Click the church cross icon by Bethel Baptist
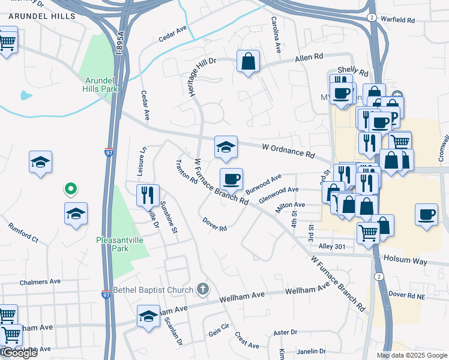click(x=203, y=290)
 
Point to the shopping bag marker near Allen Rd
click(x=248, y=61)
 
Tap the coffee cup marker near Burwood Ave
click(x=231, y=179)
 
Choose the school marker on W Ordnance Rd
click(x=226, y=147)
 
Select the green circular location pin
click(x=70, y=190)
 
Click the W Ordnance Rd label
click(x=289, y=151)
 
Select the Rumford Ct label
click(x=23, y=233)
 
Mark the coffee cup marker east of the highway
click(x=426, y=214)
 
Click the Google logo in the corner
click(x=19, y=353)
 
